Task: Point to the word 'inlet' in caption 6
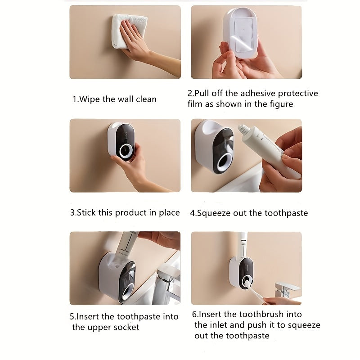[220, 325]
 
